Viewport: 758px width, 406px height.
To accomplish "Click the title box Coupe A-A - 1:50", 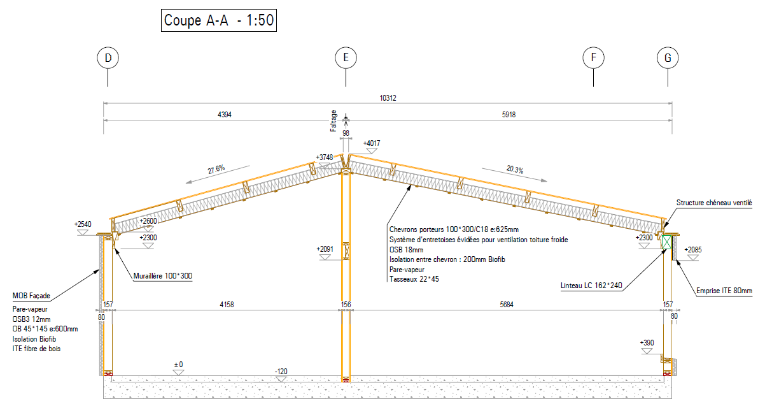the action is [218, 20].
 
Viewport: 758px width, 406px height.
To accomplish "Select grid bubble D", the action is [108, 58].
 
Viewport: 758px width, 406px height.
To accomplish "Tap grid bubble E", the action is [346, 58].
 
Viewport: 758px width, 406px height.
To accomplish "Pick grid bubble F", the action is [593, 58].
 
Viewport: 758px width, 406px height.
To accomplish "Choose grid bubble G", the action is [668, 58].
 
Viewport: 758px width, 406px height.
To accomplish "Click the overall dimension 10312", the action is [388, 98].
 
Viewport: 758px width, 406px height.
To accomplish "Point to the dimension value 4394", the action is [224, 115].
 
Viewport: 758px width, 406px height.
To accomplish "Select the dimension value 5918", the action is [509, 115].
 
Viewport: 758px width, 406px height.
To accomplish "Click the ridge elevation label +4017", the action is [371, 143].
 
